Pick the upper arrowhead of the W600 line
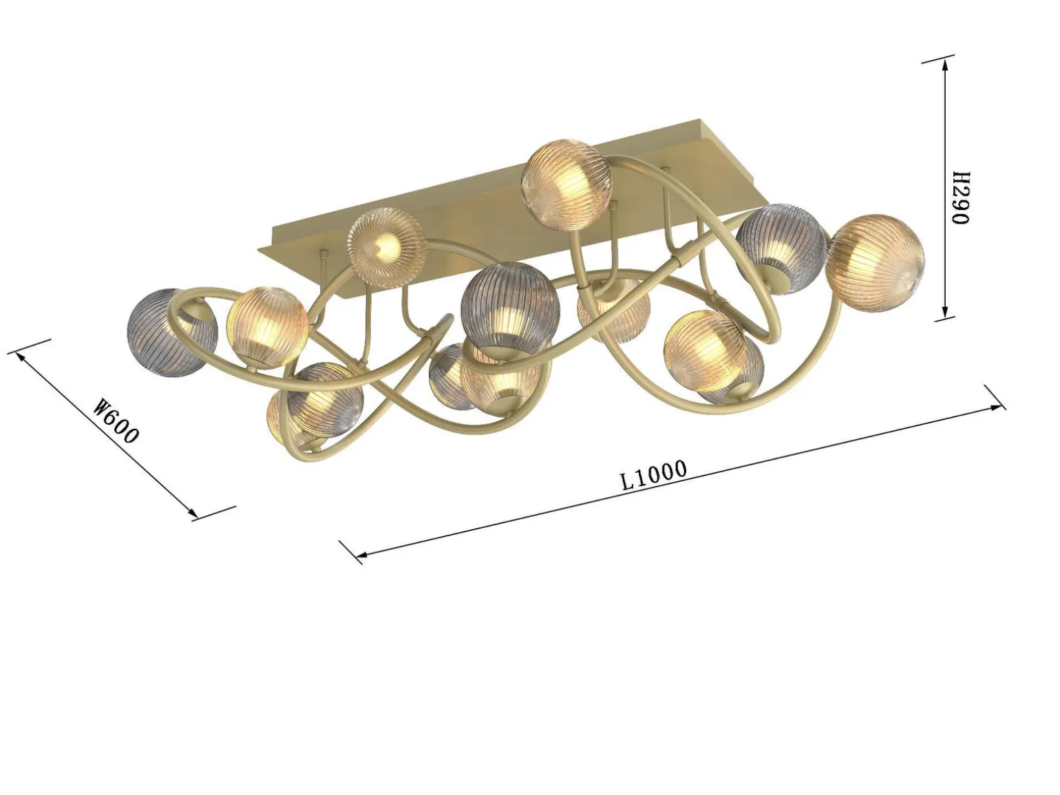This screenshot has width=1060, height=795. click(22, 357)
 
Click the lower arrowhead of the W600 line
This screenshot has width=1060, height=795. click(190, 512)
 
